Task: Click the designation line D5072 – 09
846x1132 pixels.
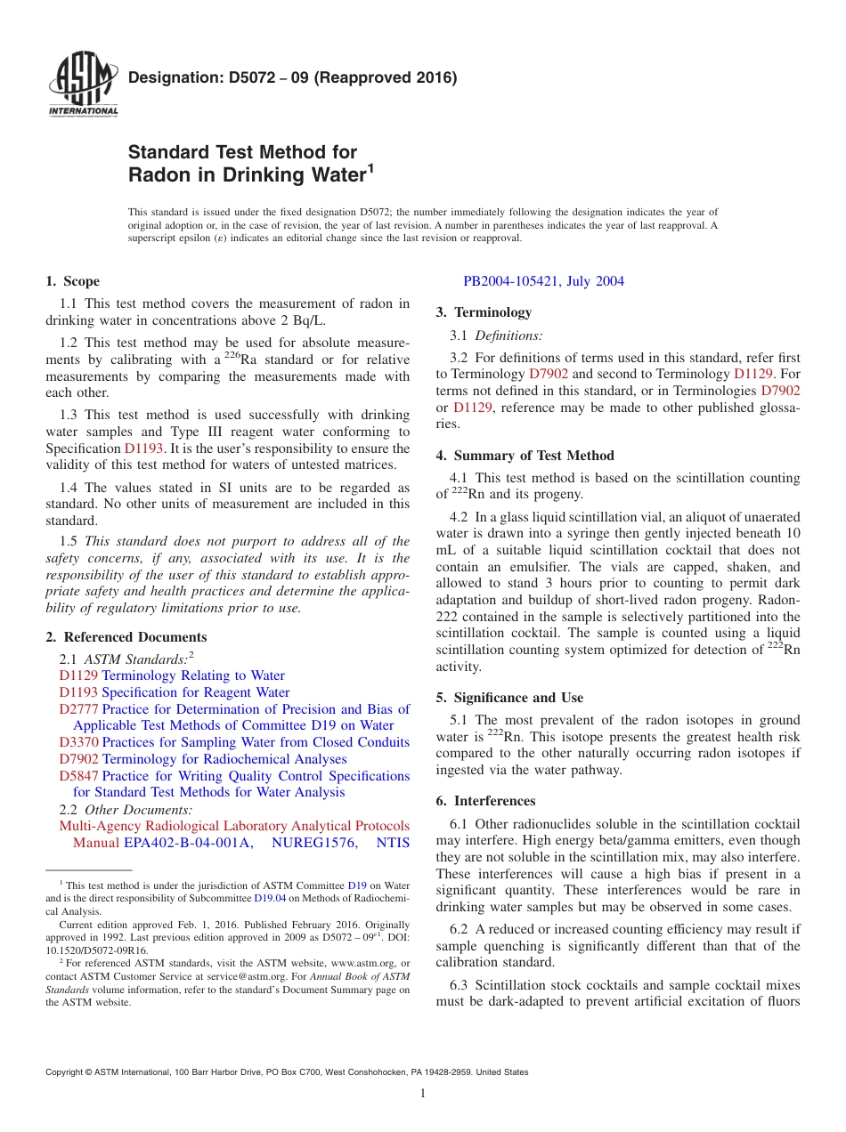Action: pos(292,77)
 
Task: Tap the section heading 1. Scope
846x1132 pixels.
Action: pos(72,281)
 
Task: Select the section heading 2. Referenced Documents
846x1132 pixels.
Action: pos(126,637)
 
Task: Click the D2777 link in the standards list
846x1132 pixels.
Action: pos(78,709)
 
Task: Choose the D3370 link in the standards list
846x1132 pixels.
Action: pos(78,742)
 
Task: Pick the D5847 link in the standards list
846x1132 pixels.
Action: pos(78,776)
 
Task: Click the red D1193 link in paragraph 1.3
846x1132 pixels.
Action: pos(143,449)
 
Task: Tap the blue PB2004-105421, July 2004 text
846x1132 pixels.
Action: pos(543,281)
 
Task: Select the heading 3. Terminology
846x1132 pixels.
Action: pos(484,312)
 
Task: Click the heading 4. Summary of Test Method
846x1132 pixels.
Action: pos(525,456)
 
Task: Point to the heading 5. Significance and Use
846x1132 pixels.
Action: pos(509,698)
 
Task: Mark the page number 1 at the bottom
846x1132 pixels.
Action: pos(423,1094)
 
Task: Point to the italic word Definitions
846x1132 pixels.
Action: pos(508,336)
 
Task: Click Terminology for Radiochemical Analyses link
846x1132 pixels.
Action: pos(224,759)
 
